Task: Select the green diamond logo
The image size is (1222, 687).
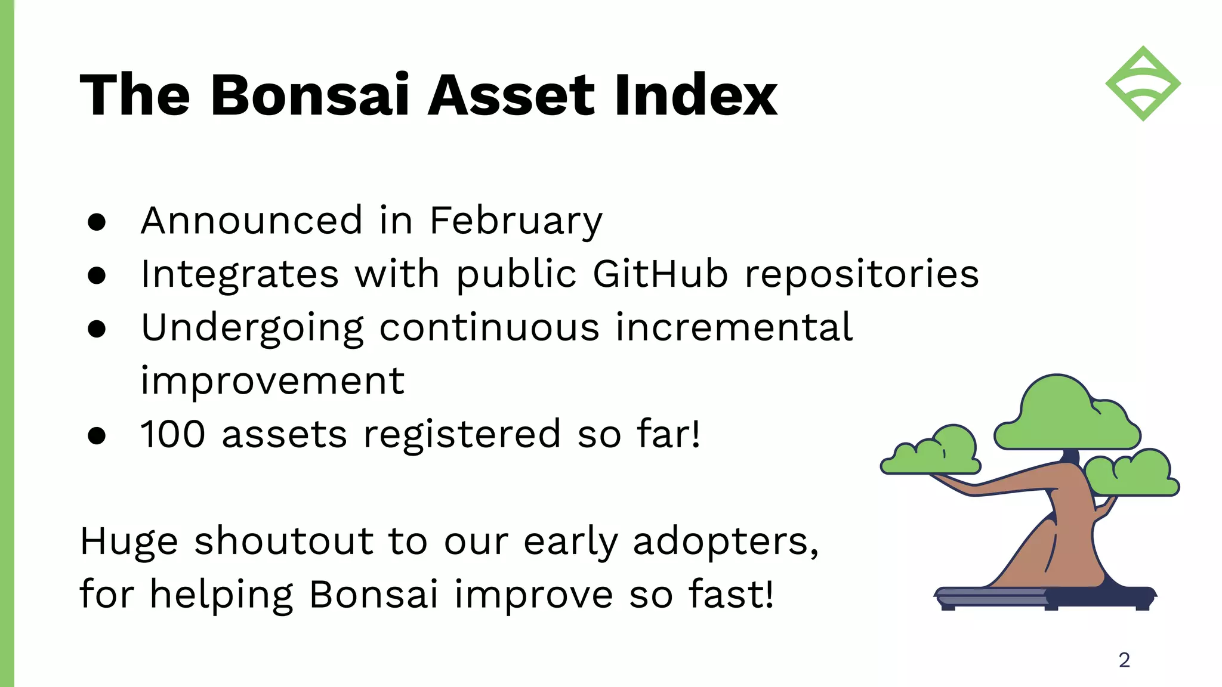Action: [1143, 83]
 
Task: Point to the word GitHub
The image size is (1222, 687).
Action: [661, 274]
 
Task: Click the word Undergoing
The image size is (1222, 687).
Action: [252, 329]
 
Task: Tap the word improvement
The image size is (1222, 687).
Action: [273, 382]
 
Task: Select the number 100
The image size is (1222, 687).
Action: [173, 434]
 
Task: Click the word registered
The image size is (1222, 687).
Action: [462, 435]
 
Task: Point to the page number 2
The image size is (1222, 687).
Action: [1124, 660]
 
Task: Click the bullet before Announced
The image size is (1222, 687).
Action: [97, 222]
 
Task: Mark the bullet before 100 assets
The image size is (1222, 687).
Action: [97, 435]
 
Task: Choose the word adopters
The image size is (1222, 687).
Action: [726, 543]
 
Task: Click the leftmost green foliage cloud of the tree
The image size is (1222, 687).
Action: [931, 451]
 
